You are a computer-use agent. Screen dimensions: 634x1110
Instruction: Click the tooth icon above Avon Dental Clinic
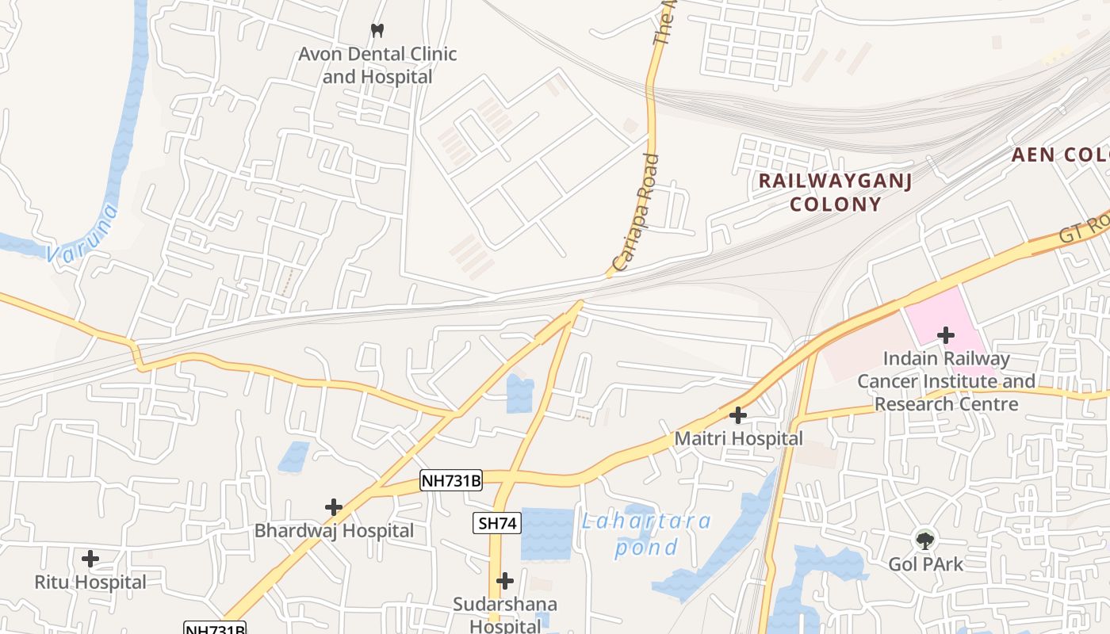point(377,30)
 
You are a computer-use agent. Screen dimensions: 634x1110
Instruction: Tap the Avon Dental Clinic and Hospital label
point(377,66)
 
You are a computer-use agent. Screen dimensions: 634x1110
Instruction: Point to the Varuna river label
point(82,234)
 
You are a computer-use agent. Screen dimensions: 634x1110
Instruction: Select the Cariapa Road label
point(637,212)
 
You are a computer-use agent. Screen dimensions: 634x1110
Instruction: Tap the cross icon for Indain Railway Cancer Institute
point(945,335)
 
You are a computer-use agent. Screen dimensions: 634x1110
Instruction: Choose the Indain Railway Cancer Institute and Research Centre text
point(946,381)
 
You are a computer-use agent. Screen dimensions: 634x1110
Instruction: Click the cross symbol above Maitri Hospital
point(738,414)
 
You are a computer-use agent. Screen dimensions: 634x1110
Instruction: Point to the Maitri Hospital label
point(738,438)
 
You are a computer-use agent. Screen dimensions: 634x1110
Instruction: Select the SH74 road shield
point(498,523)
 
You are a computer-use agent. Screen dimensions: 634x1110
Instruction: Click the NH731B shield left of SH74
point(450,480)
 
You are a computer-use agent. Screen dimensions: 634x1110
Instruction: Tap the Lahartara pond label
point(646,534)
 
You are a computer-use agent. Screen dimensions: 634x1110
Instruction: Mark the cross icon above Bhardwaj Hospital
point(334,507)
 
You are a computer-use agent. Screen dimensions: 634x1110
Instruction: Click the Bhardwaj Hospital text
point(334,531)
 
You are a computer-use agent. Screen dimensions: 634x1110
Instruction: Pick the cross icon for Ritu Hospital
point(90,559)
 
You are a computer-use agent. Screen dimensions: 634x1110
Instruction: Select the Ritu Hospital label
point(90,582)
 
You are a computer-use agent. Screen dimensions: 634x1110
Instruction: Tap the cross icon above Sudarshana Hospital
point(505,581)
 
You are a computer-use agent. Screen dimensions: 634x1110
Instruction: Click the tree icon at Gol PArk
point(924,540)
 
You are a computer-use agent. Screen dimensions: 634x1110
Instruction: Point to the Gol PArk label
point(925,564)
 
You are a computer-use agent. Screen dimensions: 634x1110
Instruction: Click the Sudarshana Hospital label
point(505,615)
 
